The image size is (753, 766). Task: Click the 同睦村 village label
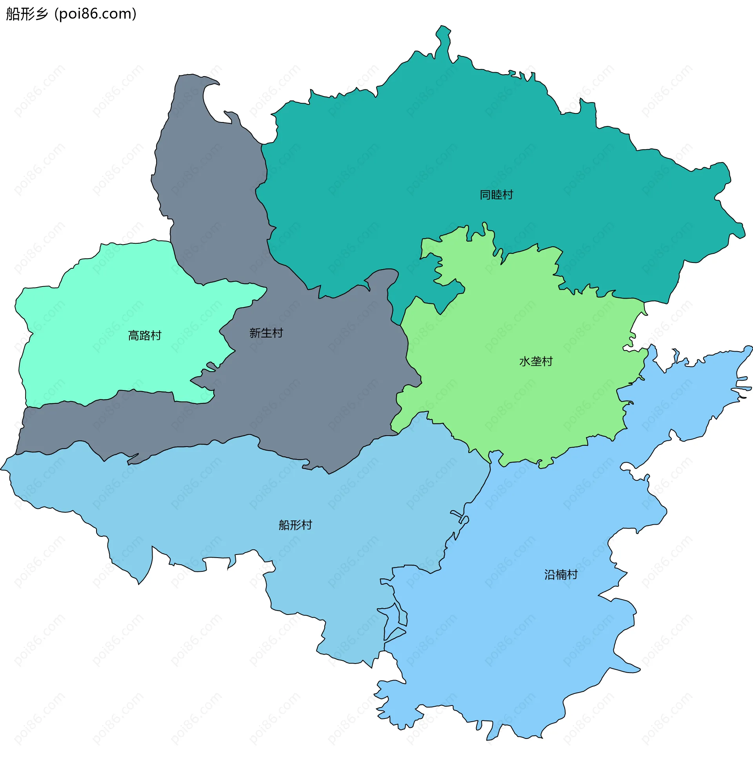tap(496, 195)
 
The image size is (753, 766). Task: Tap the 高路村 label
tap(145, 336)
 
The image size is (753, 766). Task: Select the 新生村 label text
tap(266, 333)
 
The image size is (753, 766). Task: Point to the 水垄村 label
tap(535, 361)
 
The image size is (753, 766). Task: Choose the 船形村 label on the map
tap(295, 525)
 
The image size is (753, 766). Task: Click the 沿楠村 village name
tap(561, 574)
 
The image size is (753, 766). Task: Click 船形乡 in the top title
tap(27, 14)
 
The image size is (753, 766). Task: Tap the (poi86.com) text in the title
tap(95, 14)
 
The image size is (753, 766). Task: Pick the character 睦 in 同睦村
tap(497, 195)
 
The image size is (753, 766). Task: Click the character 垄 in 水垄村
tap(536, 361)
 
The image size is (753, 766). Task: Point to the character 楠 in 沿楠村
tap(561, 574)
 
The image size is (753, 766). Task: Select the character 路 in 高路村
tap(145, 336)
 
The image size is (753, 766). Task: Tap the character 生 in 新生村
tap(267, 333)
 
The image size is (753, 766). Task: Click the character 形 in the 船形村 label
tap(295, 525)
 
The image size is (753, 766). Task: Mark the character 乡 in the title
tap(41, 14)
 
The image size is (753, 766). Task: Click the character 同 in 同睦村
tap(485, 195)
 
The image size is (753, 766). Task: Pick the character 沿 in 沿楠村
tap(550, 574)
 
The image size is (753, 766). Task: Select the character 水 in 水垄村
tap(524, 361)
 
